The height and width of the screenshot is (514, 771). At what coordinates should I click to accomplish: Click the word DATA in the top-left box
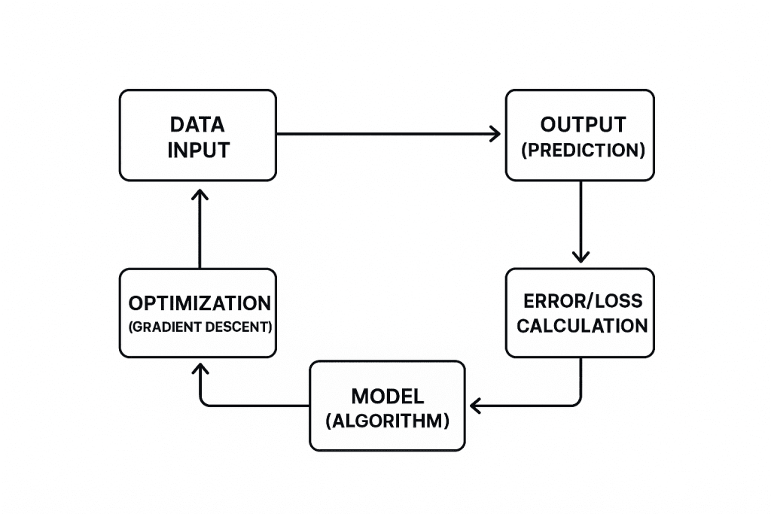click(x=197, y=124)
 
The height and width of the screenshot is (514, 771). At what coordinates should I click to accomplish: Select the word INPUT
click(x=198, y=150)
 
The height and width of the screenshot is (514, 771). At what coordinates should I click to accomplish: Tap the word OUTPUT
click(x=580, y=124)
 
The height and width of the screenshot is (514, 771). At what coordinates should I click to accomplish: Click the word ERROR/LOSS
click(x=583, y=301)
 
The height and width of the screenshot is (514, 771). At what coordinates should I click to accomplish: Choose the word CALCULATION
click(x=582, y=326)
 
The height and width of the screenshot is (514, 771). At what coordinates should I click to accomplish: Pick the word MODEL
click(x=388, y=396)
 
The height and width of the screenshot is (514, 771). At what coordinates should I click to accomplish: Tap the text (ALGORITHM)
click(x=388, y=421)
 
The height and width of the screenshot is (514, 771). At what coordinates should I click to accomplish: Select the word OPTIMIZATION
click(x=200, y=303)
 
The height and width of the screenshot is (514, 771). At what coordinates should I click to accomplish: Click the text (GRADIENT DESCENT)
click(x=199, y=328)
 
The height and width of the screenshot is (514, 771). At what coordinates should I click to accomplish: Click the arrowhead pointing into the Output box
click(x=495, y=134)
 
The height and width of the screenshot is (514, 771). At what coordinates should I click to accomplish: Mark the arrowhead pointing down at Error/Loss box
click(x=580, y=256)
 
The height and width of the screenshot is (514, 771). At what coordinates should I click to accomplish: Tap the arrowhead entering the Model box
click(x=474, y=406)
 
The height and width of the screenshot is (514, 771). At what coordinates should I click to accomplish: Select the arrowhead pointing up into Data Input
click(x=200, y=195)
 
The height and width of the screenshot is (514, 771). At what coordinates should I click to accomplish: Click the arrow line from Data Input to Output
click(x=384, y=134)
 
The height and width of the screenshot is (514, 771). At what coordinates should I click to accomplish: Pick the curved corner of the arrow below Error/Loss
click(x=575, y=402)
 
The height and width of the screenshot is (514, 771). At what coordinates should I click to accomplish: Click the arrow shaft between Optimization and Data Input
click(x=200, y=233)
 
